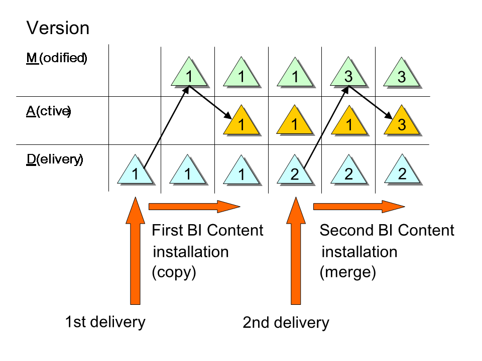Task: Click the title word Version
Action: point(58,28)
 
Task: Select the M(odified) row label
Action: point(57,58)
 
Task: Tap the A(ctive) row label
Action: point(48,111)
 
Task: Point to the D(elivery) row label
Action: point(55,160)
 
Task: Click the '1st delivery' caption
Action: point(105,321)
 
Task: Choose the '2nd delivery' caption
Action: point(286,322)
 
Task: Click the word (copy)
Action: point(174,272)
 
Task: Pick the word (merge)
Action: point(347,272)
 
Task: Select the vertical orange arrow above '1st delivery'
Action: point(135,251)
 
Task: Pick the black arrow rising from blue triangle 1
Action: point(166,128)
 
